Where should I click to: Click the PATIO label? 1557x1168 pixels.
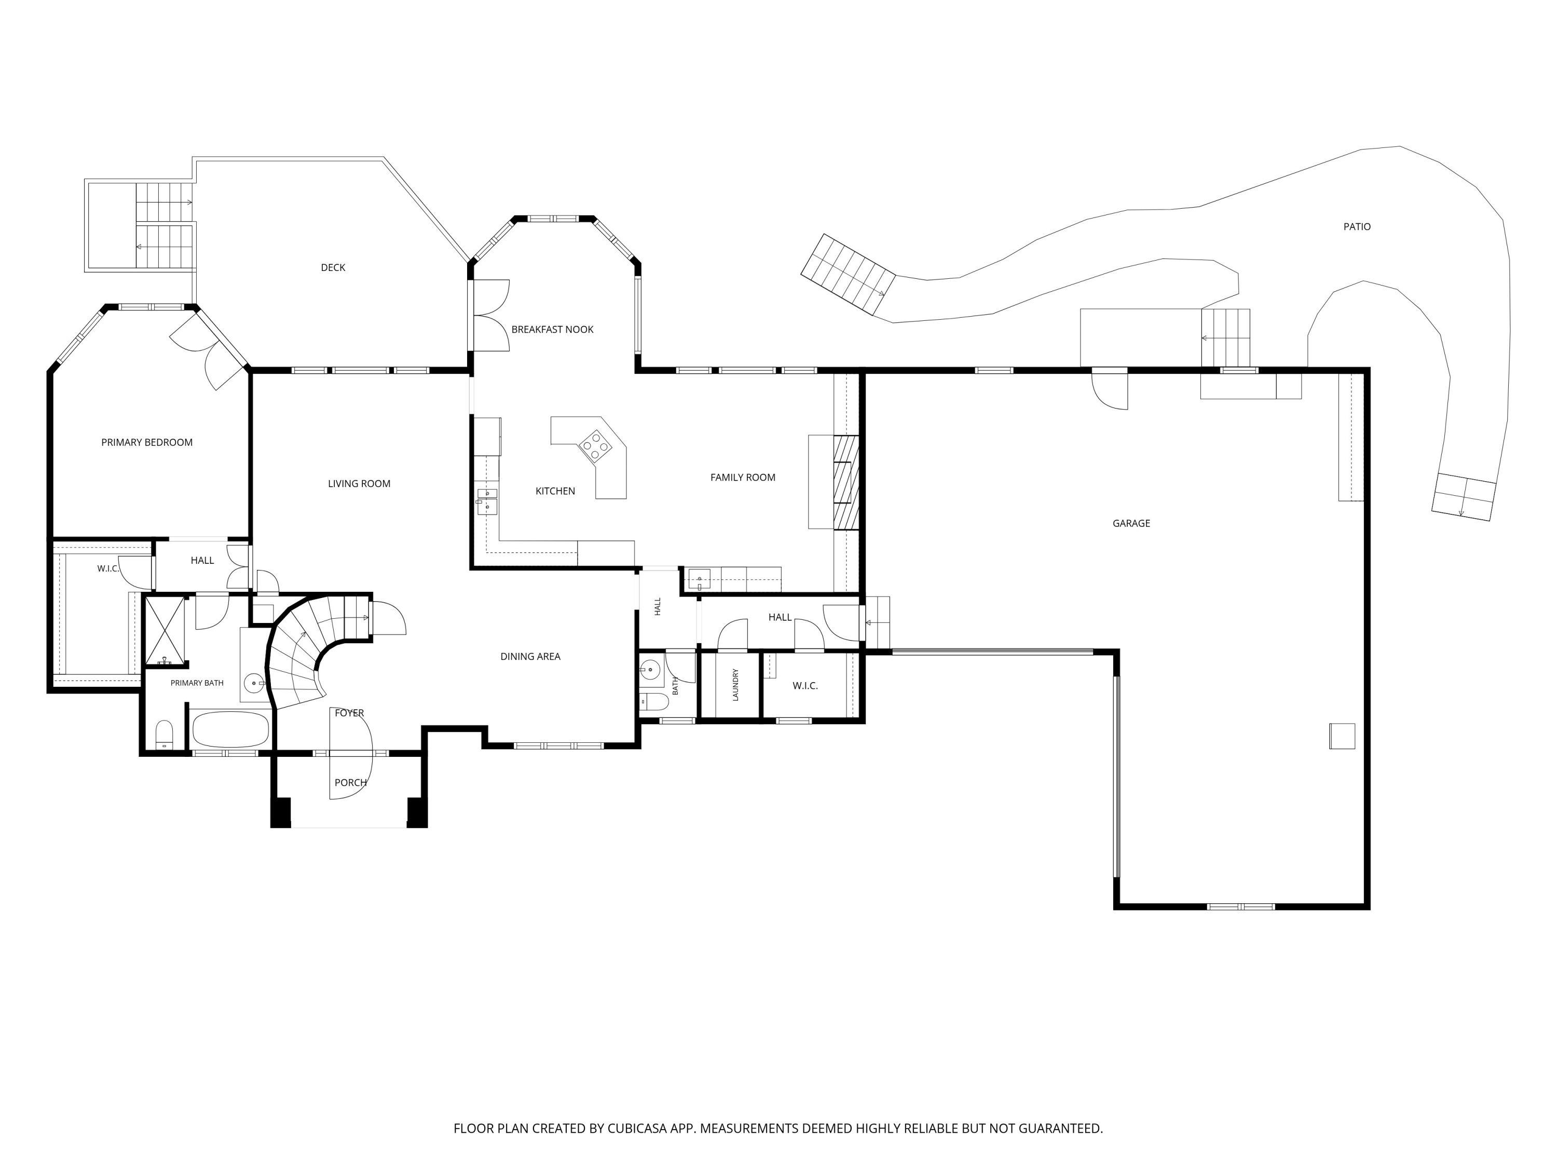[1356, 227]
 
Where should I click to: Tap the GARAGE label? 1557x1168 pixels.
[1131, 523]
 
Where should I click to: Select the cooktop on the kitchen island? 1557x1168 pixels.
[595, 445]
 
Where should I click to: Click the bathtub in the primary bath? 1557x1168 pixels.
[231, 729]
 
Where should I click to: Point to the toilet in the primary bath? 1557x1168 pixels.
[164, 735]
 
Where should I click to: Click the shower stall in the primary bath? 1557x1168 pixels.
[165, 630]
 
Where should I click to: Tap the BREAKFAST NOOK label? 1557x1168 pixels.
[553, 330]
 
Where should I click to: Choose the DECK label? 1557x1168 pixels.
[333, 267]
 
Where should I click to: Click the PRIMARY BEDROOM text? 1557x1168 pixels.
[147, 442]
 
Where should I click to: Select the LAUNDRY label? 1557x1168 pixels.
[735, 684]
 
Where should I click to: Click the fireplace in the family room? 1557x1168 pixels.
[846, 482]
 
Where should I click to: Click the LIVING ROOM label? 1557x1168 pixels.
[359, 484]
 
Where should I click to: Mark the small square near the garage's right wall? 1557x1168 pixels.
[1342, 736]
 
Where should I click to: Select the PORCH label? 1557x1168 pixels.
[350, 782]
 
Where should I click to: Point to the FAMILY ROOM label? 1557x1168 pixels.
[743, 478]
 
